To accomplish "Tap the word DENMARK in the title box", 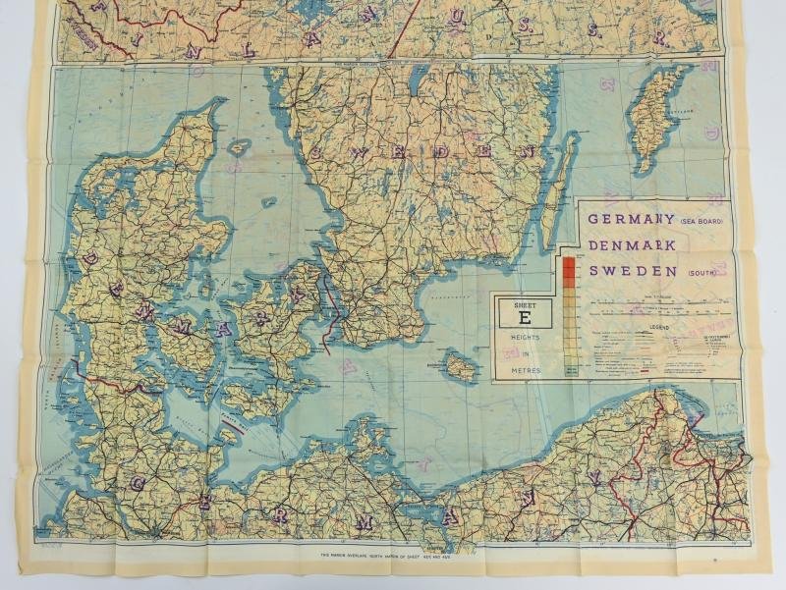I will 632,244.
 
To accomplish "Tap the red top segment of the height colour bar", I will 569,262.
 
